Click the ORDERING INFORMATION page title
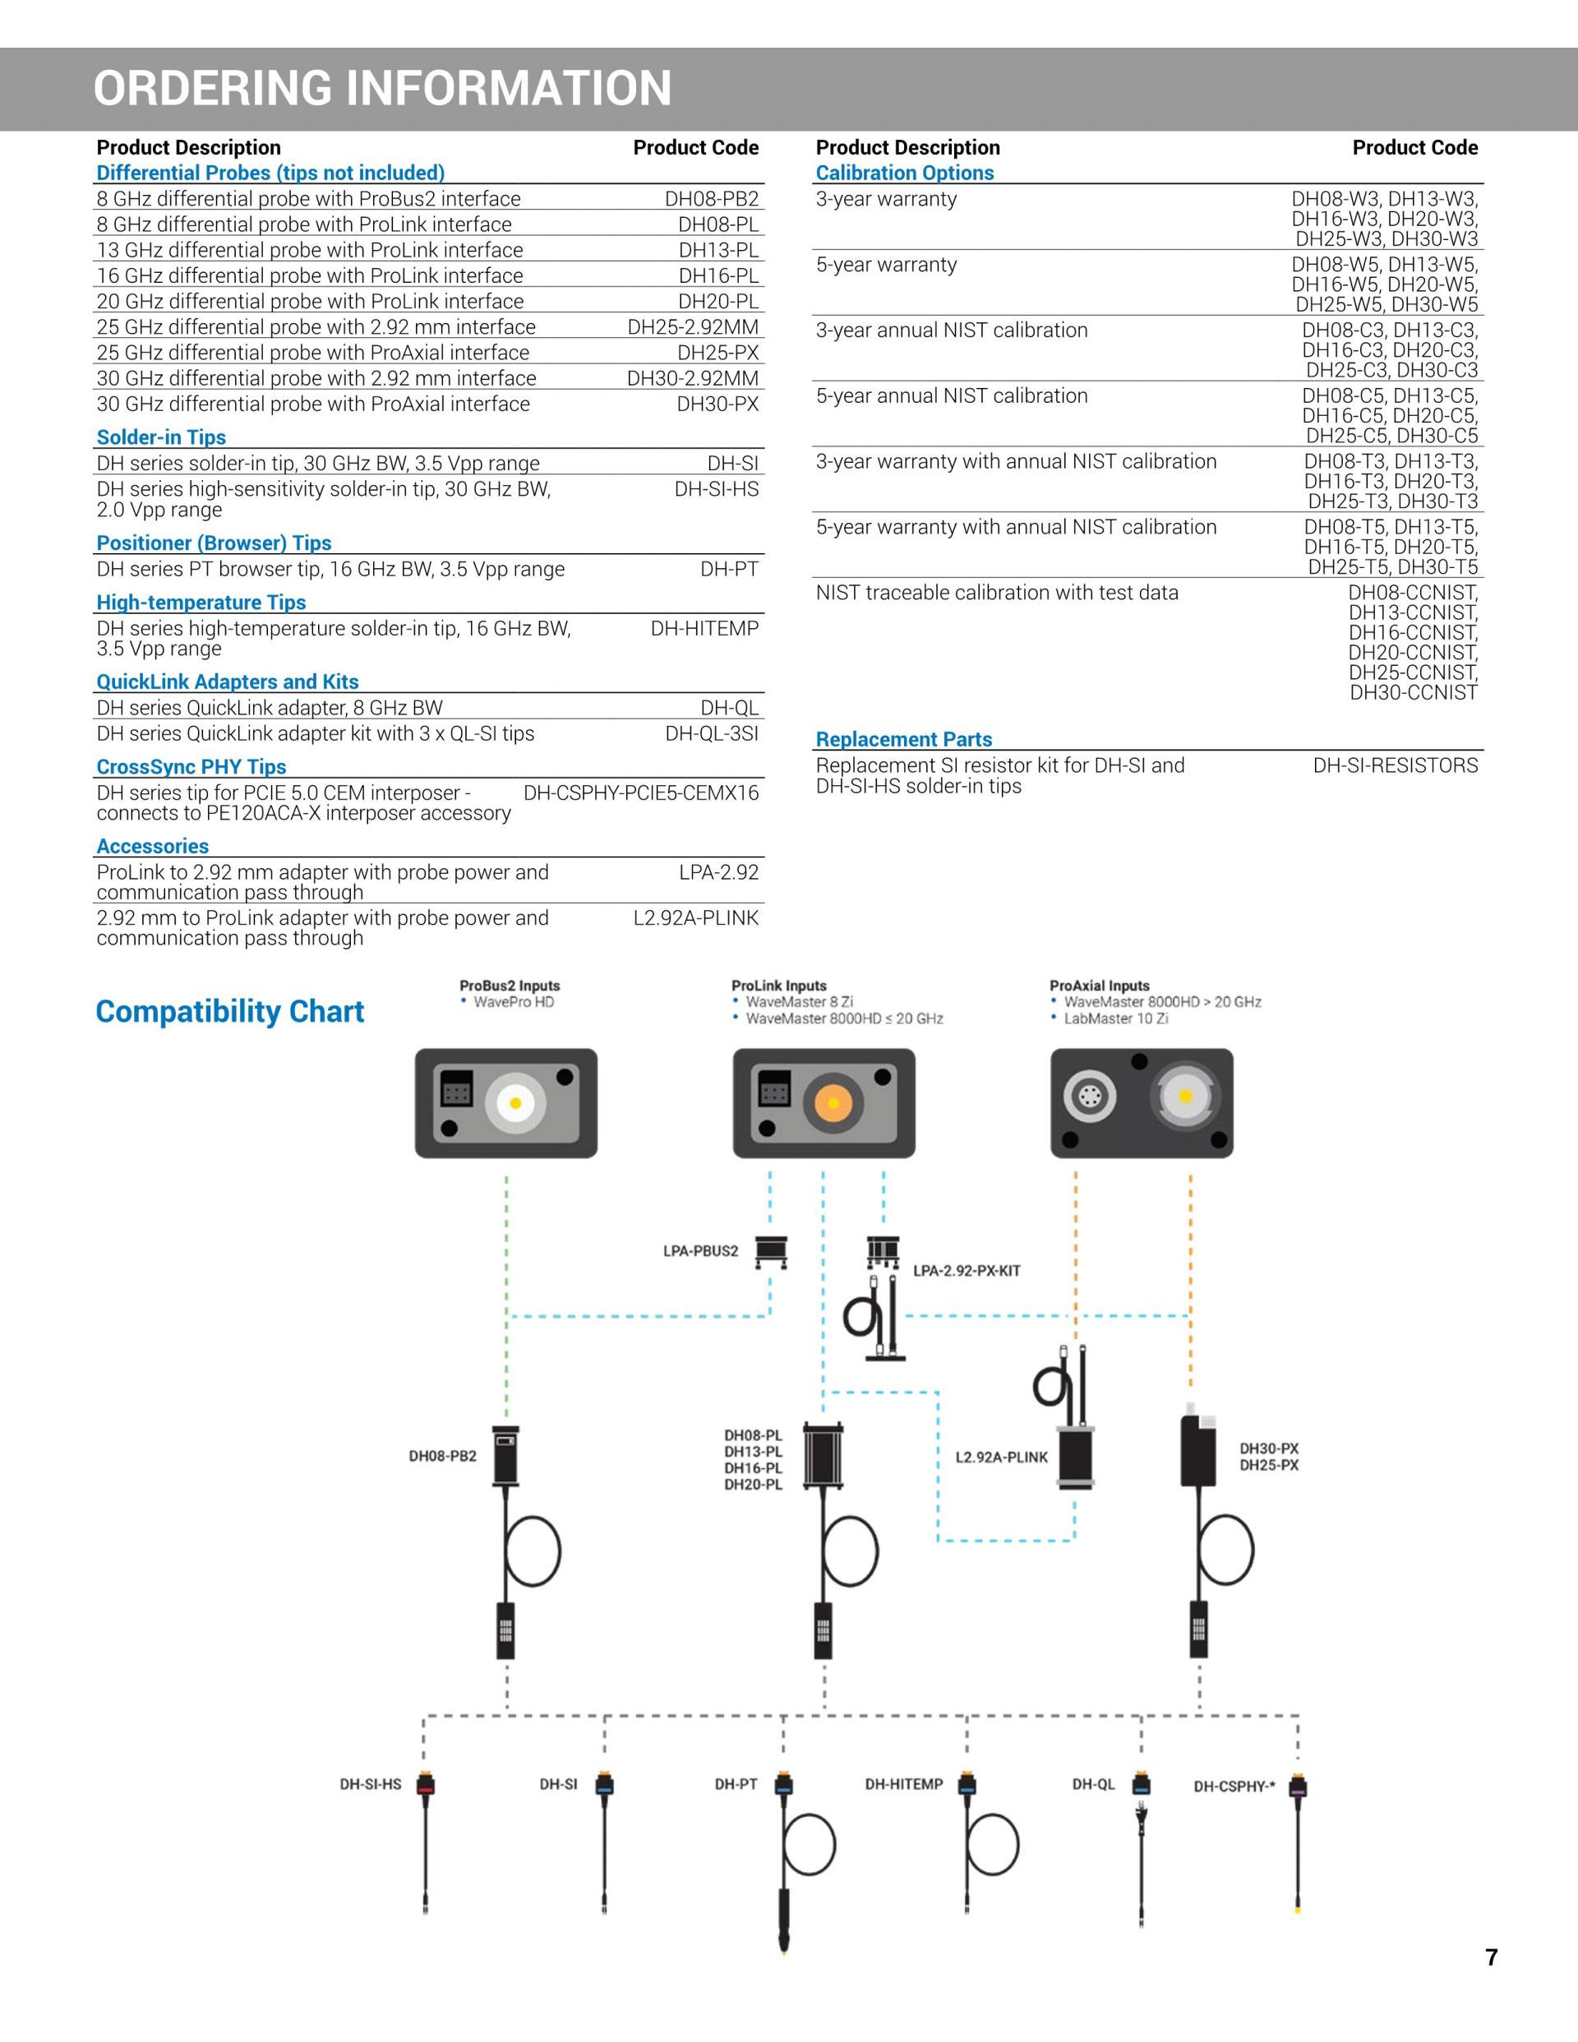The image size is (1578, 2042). [382, 89]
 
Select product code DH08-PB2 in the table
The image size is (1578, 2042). [712, 199]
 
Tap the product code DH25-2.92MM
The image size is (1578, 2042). [693, 327]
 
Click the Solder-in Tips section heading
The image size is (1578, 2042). [161, 437]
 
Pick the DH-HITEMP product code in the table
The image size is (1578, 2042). [704, 628]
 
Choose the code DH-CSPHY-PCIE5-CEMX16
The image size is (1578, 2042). [640, 792]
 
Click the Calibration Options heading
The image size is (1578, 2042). [904, 173]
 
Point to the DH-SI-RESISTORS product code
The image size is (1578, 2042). [1395, 766]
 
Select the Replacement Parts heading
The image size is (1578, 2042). [903, 740]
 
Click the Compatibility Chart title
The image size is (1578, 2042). [230, 1012]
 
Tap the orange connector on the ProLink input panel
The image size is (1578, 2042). [832, 1103]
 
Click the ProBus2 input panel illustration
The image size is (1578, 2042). [505, 1103]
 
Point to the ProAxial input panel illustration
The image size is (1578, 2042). [1142, 1103]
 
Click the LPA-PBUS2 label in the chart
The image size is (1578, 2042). [700, 1251]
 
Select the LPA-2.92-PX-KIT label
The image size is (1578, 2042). [967, 1271]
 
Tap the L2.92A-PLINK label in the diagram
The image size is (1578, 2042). [1001, 1457]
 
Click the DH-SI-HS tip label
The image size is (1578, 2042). [370, 1784]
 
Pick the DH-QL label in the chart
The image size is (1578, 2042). [1093, 1784]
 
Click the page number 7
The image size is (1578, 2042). [1491, 1957]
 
